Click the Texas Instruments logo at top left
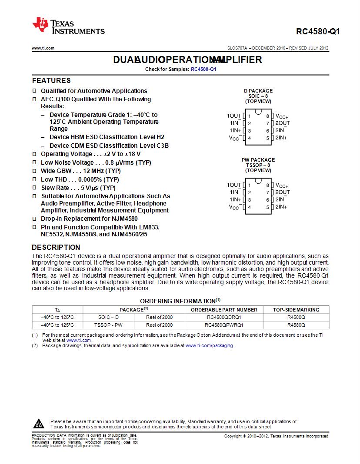pos(69,26)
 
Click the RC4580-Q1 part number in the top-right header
pos(318,32)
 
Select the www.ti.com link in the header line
pos(43,48)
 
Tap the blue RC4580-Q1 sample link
pos(203,69)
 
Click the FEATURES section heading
pos(51,80)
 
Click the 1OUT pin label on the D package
pos(234,116)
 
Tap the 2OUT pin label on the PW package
pos(283,192)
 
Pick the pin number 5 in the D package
pos(268,138)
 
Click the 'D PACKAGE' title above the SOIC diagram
pos(258,91)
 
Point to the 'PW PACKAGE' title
pos(258,160)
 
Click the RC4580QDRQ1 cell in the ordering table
pos(224,317)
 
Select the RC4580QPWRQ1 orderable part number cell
pos(224,325)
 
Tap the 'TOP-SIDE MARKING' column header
pos(296,310)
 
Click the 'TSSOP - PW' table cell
pos(108,325)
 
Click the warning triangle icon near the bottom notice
pos(39,424)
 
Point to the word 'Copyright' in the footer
pos(233,436)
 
